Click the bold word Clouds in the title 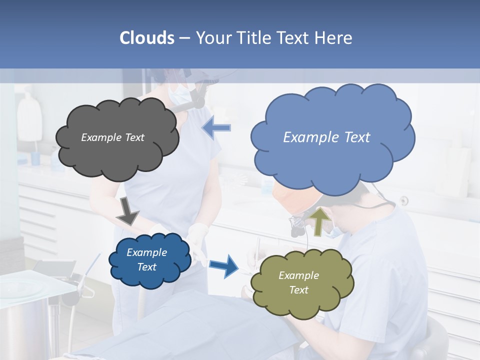pyautogui.click(x=147, y=38)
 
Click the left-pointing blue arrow pyautogui.click(x=216, y=128)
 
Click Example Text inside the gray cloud pyautogui.click(x=112, y=137)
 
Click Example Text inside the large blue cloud pyautogui.click(x=326, y=137)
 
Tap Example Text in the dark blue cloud pyautogui.click(x=146, y=259)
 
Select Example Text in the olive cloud pyautogui.click(x=298, y=282)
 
